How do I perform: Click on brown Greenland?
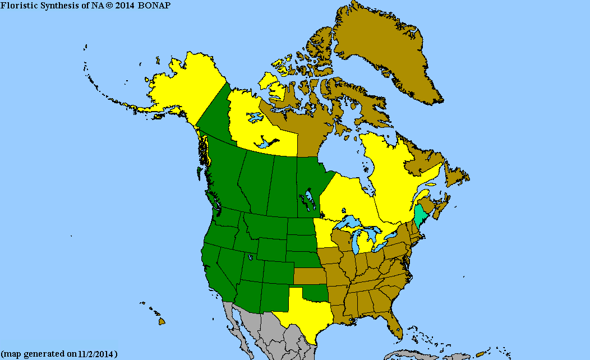[387, 50]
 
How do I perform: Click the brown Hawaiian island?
[162, 321]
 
